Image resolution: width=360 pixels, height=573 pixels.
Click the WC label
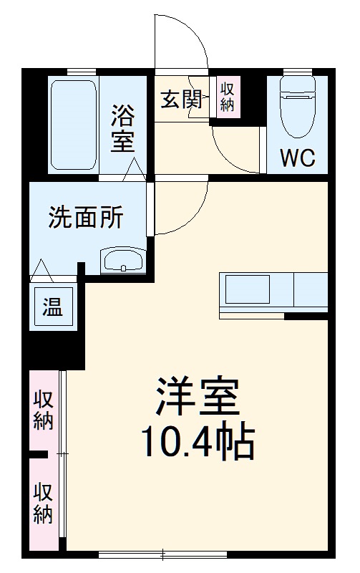click(297, 157)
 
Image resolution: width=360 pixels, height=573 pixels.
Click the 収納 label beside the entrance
click(228, 97)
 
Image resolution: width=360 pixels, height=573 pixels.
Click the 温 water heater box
click(52, 308)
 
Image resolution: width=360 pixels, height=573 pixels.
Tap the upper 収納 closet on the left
click(44, 410)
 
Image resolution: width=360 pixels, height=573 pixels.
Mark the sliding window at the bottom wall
click(163, 553)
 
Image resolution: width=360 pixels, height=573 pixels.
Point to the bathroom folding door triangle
click(134, 170)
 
